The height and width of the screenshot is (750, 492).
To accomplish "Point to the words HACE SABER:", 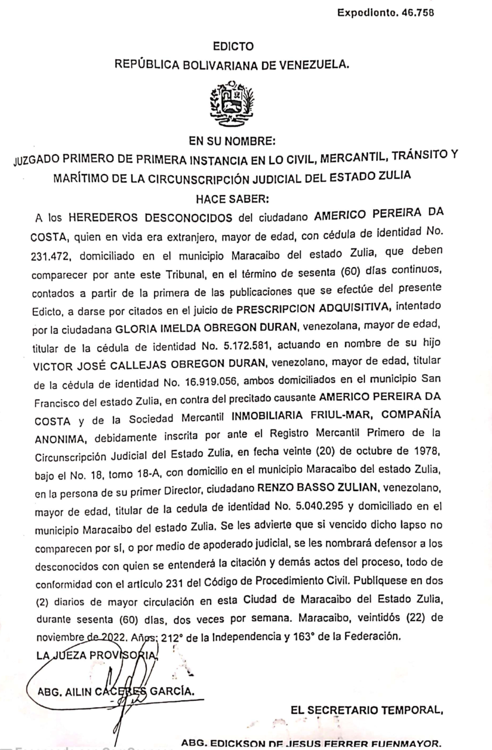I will click(233, 200).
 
